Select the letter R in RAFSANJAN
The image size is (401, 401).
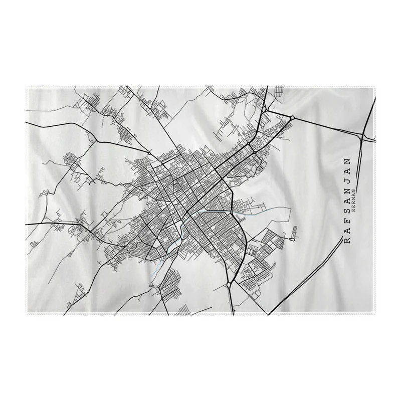click(347, 241)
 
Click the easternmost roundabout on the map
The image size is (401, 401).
click(292, 117)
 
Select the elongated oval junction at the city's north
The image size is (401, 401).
click(264, 107)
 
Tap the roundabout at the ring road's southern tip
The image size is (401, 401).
click(229, 285)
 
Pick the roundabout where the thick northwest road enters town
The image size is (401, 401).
click(149, 152)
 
